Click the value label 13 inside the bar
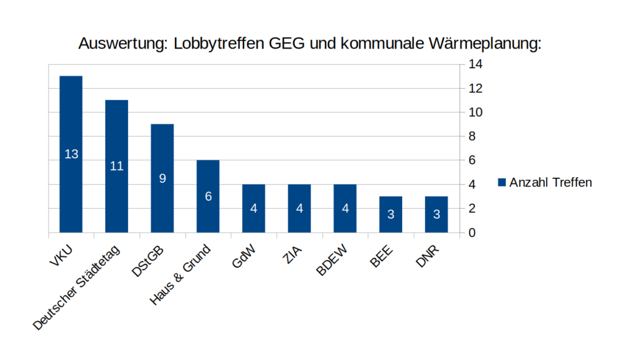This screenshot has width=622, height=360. (71, 154)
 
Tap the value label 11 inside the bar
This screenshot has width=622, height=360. (117, 166)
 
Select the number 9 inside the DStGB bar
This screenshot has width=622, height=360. (162, 178)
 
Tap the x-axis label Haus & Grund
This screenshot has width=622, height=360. (180, 274)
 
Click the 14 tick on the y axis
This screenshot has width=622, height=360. (475, 64)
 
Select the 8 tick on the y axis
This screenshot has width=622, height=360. (472, 137)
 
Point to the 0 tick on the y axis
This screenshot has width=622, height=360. (472, 233)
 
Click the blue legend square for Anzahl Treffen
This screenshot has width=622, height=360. (502, 182)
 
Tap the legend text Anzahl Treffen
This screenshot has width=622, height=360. (550, 182)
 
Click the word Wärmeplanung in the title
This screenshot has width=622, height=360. (480, 44)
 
